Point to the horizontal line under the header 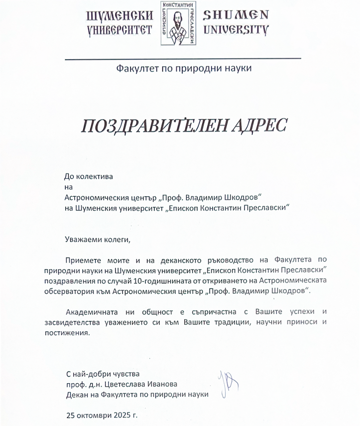click(183, 59)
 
